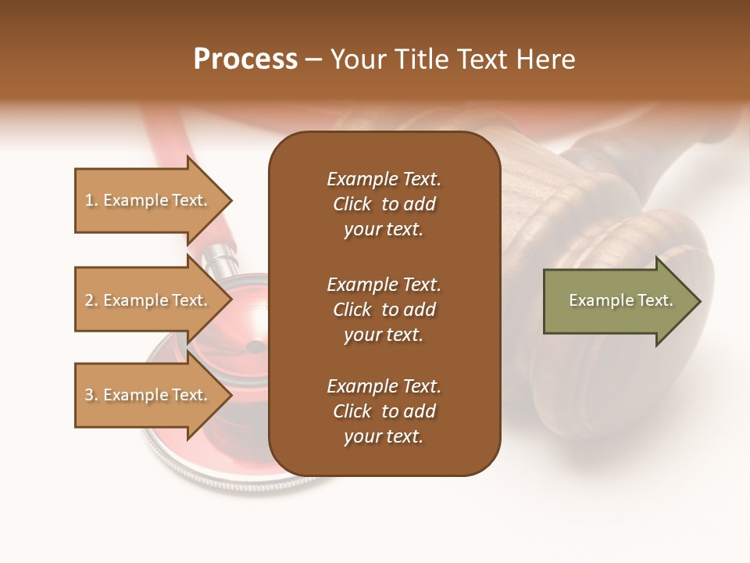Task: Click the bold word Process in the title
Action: pyautogui.click(x=245, y=59)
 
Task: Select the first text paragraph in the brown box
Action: pyautogui.click(x=384, y=204)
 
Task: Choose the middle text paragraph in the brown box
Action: pyautogui.click(x=384, y=310)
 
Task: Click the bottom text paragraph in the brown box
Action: pyautogui.click(x=384, y=411)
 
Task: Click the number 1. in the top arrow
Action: pyautogui.click(x=91, y=200)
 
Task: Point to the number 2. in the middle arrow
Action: pyautogui.click(x=91, y=300)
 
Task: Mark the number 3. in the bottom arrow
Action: pyautogui.click(x=91, y=395)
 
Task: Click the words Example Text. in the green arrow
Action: pyautogui.click(x=620, y=300)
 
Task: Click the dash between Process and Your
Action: pyautogui.click(x=313, y=60)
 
